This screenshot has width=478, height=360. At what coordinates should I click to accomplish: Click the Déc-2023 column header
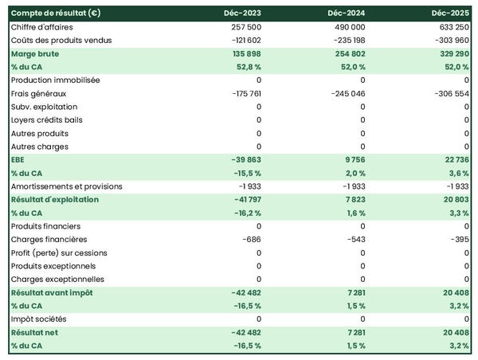coord(242,14)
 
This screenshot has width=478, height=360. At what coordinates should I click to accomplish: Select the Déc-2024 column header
coord(347,14)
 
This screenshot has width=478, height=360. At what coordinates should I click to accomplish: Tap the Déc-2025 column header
coord(451,14)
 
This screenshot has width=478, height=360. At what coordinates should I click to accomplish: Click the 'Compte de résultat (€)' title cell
coord(55,14)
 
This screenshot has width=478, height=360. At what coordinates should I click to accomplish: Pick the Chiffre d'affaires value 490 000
coord(348,27)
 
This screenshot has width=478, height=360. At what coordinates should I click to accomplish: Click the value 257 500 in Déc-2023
coord(244,27)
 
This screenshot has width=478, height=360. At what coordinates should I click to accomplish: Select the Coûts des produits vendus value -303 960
coord(450,40)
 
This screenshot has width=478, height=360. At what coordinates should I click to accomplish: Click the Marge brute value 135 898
coord(244,53)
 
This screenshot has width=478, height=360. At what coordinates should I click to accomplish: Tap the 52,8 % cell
coord(248,67)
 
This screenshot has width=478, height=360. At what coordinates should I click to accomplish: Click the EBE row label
coord(18,159)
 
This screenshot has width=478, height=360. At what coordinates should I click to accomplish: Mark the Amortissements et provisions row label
coord(67,186)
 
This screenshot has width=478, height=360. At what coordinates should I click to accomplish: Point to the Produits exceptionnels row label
coord(53,266)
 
